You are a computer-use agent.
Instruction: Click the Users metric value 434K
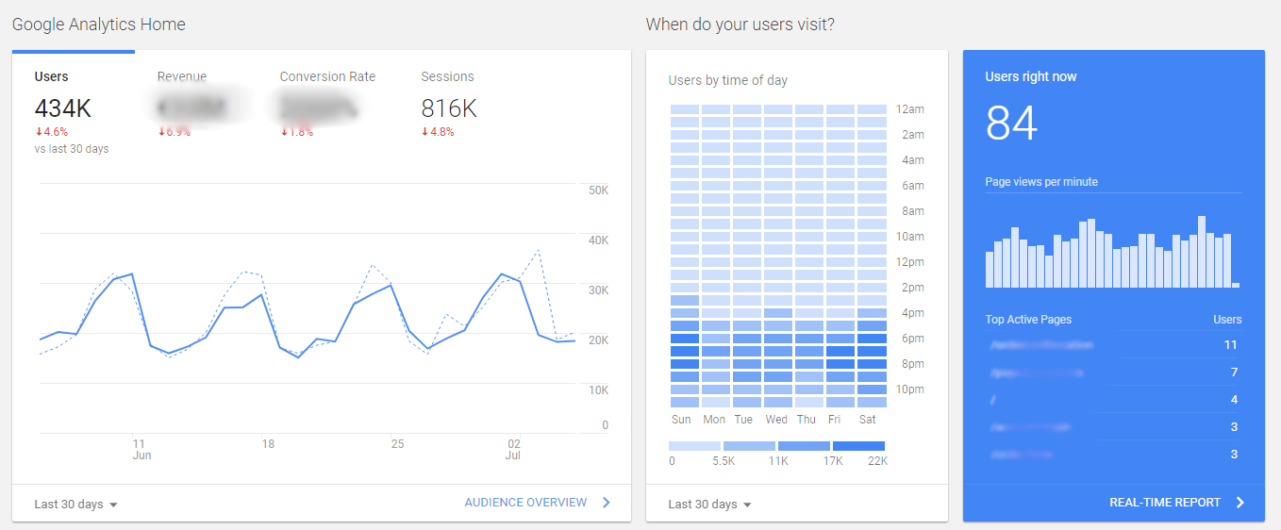[62, 108]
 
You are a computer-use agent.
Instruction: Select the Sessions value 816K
[449, 108]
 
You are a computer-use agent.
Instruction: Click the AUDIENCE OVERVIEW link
[525, 503]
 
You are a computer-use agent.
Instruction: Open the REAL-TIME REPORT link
[1165, 503]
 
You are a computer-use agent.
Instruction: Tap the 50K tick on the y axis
[598, 190]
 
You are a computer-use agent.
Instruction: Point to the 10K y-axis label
[598, 389]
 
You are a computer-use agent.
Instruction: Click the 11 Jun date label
[141, 449]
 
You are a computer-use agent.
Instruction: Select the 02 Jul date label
[514, 449]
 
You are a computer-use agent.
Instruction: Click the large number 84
[1011, 124]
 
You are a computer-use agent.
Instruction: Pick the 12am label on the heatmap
[910, 109]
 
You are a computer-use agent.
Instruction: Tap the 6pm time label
[911, 339]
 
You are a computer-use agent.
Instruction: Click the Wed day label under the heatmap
[776, 420]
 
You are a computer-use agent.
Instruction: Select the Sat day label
[868, 420]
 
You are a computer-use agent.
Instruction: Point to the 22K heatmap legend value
[876, 461]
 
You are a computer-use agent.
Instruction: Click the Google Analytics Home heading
[99, 25]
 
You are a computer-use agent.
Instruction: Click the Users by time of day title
[727, 80]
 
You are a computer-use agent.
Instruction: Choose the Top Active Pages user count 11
[1230, 345]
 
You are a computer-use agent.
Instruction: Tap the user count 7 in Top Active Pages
[1233, 373]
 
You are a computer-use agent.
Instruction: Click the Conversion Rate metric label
[327, 76]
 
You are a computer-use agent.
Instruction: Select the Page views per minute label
[1041, 182]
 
